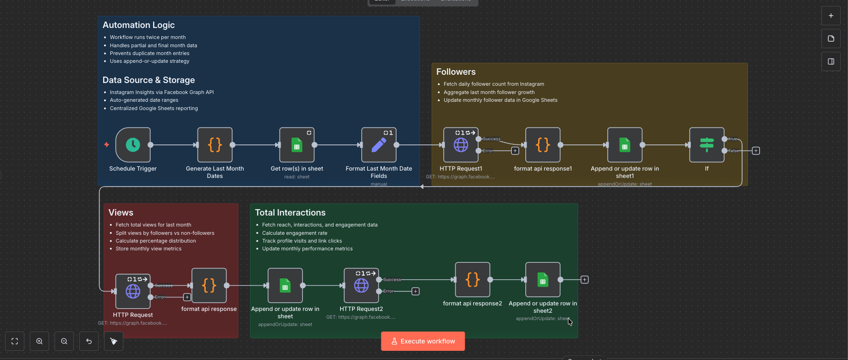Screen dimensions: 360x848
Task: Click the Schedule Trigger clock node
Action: pyautogui.click(x=133, y=145)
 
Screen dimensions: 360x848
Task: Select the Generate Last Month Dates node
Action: pyautogui.click(x=215, y=145)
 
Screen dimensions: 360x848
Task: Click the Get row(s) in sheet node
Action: pyautogui.click(x=297, y=145)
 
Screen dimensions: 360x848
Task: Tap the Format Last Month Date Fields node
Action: pyautogui.click(x=379, y=145)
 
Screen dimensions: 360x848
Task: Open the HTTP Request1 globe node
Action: pyautogui.click(x=461, y=145)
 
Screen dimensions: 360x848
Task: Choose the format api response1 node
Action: pyautogui.click(x=543, y=145)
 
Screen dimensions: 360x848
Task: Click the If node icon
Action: pyautogui.click(x=707, y=145)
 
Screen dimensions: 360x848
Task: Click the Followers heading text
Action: pyautogui.click(x=456, y=72)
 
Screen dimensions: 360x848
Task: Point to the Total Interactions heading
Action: pyautogui.click(x=290, y=213)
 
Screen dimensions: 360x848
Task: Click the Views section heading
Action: pyautogui.click(x=121, y=213)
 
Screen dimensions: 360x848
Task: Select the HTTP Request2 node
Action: pyautogui.click(x=361, y=285)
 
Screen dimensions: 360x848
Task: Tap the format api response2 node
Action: pyautogui.click(x=473, y=280)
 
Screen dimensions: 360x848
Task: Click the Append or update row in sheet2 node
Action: pyautogui.click(x=543, y=280)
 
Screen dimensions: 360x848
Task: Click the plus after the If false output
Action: pyautogui.click(x=756, y=151)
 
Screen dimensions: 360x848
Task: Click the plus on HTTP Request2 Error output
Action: pyautogui.click(x=415, y=291)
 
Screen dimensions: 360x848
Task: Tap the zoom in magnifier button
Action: pyautogui.click(x=39, y=341)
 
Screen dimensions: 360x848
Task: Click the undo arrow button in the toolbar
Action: pyautogui.click(x=89, y=341)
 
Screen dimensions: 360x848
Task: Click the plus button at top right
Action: pyautogui.click(x=831, y=16)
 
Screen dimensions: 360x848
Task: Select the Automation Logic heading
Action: pyautogui.click(x=138, y=25)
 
